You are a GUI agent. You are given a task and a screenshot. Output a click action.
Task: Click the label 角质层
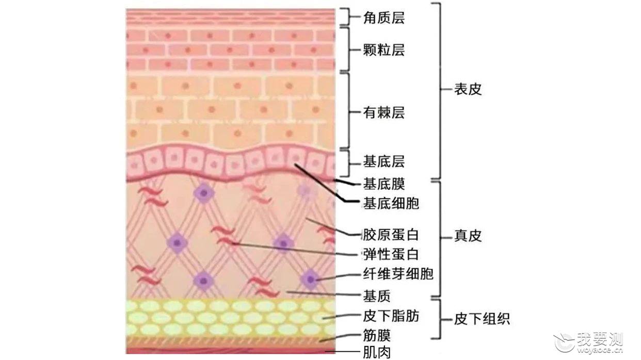pos(384,18)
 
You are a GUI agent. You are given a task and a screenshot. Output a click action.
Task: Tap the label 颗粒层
pos(384,50)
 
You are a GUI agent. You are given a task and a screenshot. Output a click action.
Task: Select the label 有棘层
pos(384,112)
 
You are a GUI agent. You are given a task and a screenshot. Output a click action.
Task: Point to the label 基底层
pos(384,161)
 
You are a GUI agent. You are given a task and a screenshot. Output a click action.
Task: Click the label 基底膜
pos(384,184)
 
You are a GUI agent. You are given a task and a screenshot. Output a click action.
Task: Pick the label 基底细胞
pos(391,204)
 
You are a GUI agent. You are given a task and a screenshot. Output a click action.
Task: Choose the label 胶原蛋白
pos(391,235)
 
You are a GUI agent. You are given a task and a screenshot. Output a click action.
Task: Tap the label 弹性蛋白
pos(391,254)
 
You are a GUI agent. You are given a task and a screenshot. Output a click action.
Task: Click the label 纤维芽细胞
pos(398,274)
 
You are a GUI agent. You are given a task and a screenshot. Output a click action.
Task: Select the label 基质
pos(377,296)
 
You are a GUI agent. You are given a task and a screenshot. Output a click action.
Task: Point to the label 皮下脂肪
pos(391,317)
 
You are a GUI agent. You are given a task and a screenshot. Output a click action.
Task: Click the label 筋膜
pos(377,336)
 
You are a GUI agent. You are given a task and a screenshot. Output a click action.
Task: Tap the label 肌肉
pos(377,353)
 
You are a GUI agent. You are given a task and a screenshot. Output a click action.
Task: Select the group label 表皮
pos(468,89)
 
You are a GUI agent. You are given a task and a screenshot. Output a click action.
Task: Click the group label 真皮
pos(468,236)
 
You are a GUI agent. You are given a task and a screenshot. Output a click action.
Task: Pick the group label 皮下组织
pos(482,319)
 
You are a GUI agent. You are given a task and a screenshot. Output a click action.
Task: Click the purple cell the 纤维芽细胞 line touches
pos(310,279)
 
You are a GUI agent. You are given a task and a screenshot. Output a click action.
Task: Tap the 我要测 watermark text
pos(600,340)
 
